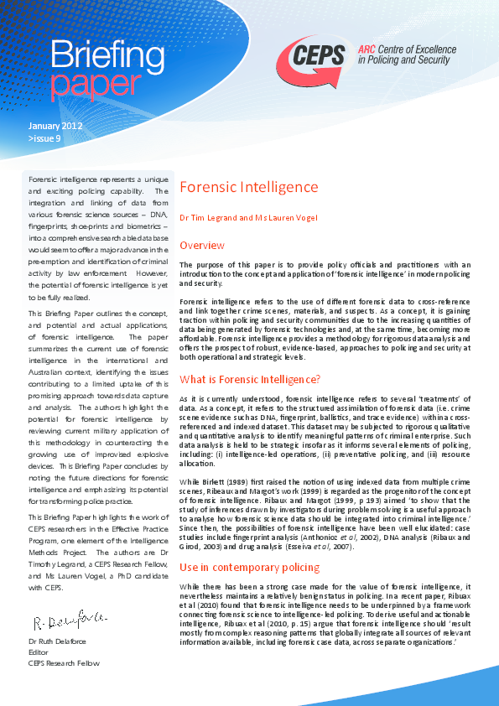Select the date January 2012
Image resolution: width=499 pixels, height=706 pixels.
tap(55, 126)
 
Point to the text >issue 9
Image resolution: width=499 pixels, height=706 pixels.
tap(44, 138)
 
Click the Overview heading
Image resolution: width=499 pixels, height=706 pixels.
tap(202, 245)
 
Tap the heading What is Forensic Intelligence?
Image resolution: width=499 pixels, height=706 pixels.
tap(250, 378)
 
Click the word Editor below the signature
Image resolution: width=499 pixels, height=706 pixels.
tap(39, 652)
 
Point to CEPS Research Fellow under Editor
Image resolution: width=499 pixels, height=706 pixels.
tap(64, 663)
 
